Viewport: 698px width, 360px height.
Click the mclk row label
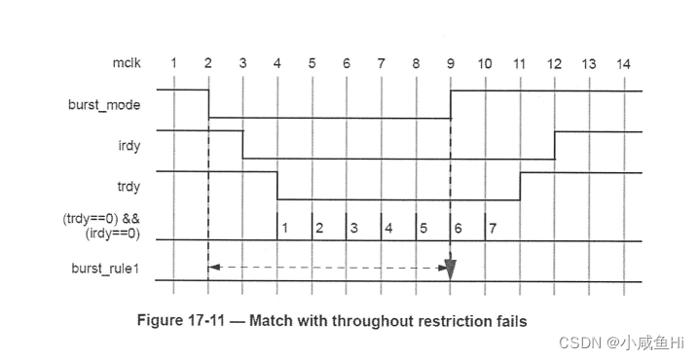click(x=127, y=63)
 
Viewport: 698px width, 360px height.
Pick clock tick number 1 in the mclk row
click(x=173, y=63)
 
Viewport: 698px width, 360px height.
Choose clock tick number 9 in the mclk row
click(x=451, y=63)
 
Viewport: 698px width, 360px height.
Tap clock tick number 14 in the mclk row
click(x=623, y=63)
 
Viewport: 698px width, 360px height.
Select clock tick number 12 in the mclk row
click(x=554, y=63)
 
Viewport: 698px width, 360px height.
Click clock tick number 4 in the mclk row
click(x=277, y=63)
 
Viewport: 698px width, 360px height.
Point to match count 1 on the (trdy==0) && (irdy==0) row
click(x=285, y=228)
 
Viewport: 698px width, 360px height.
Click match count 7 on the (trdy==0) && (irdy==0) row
click(x=494, y=228)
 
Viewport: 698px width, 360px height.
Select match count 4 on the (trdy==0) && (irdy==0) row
click(x=389, y=228)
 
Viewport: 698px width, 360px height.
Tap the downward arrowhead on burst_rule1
click(x=451, y=266)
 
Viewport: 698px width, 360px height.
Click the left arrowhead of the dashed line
click(x=213, y=267)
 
